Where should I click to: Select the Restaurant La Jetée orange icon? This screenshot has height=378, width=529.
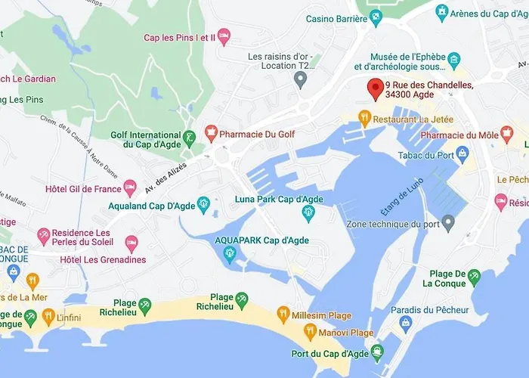[x=364, y=118]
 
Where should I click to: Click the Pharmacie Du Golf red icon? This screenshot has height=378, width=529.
[x=212, y=134]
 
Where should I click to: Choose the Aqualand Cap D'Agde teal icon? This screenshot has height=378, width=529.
[x=203, y=203]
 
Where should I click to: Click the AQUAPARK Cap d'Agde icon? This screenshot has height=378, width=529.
[x=228, y=253]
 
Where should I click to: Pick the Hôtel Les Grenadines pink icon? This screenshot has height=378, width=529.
[x=131, y=243]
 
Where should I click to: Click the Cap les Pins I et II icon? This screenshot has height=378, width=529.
[x=224, y=37]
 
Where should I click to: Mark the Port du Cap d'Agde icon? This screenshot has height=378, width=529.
[x=376, y=353]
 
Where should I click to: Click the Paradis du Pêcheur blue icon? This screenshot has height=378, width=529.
[x=405, y=323]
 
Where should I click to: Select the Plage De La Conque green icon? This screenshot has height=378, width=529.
[x=474, y=277]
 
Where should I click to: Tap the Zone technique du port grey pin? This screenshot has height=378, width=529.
[x=448, y=222]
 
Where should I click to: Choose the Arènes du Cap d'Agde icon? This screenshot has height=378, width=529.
[x=443, y=13]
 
